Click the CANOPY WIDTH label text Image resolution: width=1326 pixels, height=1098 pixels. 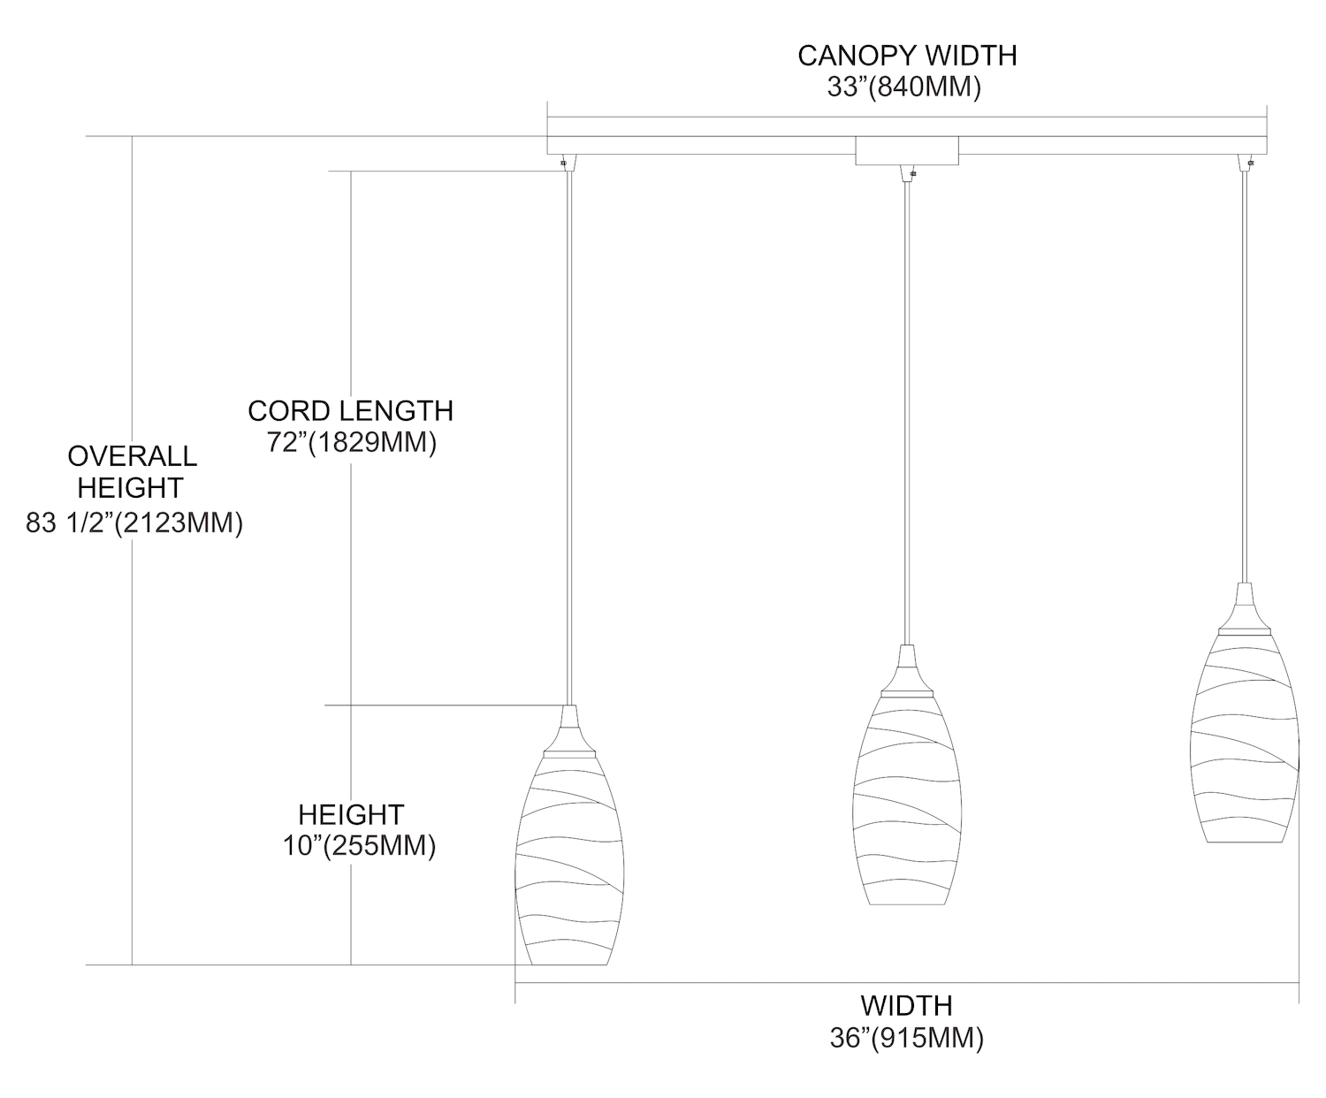click(x=907, y=56)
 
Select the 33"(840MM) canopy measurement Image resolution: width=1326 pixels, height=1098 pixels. click(x=903, y=87)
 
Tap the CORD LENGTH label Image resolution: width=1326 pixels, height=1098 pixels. click(x=351, y=411)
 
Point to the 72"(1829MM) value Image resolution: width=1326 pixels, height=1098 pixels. click(x=351, y=443)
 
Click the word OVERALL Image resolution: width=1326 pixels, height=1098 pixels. click(x=132, y=456)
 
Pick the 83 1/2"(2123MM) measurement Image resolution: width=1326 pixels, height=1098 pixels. click(x=134, y=523)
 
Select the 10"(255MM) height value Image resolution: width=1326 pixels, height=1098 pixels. click(x=360, y=846)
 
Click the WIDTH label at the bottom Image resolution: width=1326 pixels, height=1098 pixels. click(x=906, y=1006)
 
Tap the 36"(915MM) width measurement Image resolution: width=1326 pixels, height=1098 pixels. click(x=906, y=1038)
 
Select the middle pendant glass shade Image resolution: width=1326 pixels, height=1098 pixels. click(x=907, y=800)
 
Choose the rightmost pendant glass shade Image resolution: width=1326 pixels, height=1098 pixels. click(x=1245, y=738)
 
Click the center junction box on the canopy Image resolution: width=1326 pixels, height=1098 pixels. click(x=907, y=150)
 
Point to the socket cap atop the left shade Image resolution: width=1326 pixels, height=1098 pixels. click(x=569, y=730)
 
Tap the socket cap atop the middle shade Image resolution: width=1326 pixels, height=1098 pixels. click(x=907, y=671)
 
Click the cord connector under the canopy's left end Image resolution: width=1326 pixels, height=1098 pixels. click(x=568, y=163)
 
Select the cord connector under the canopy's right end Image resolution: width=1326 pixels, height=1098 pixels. click(x=1245, y=163)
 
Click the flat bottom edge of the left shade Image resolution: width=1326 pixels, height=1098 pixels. click(x=569, y=965)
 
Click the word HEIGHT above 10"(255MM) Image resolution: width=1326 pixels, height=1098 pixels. click(x=351, y=814)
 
